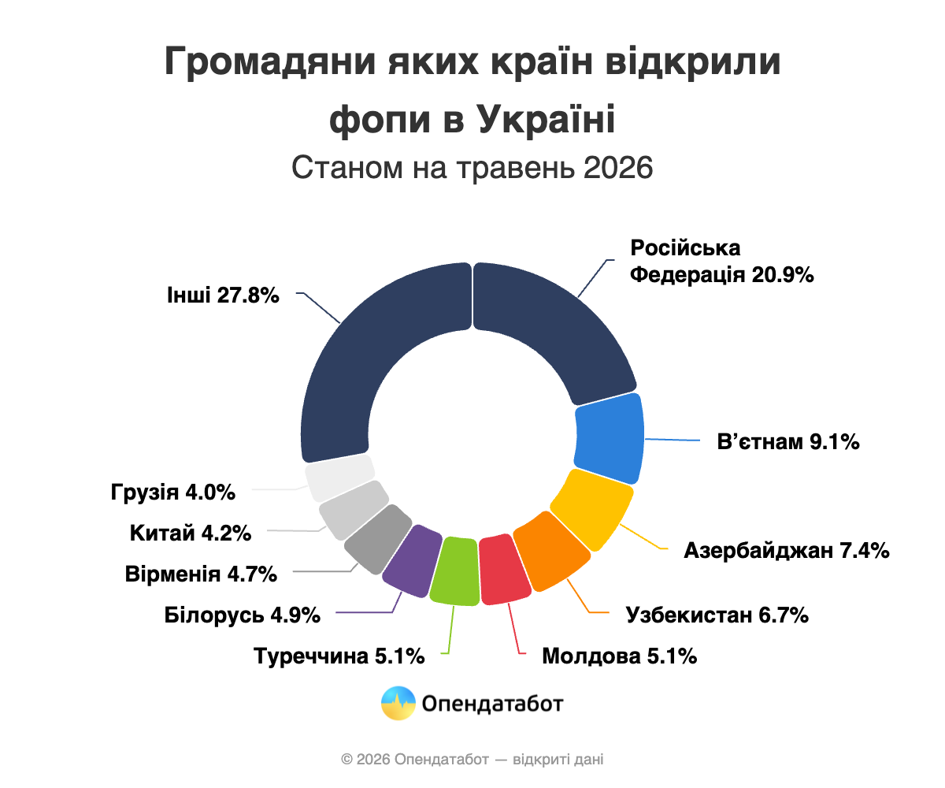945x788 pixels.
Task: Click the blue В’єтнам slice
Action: (609, 438)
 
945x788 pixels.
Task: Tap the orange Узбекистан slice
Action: (552, 551)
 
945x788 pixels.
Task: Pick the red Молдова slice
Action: (504, 570)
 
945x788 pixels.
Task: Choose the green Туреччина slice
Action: (454, 571)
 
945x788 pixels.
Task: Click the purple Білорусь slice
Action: (412, 560)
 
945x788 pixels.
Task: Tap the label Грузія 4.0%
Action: (173, 492)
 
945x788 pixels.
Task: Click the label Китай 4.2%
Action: (191, 533)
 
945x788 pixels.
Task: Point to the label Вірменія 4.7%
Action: (201, 574)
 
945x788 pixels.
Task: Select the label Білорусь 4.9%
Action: (242, 615)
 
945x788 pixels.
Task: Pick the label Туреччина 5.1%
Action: (339, 656)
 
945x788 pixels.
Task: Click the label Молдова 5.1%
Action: (620, 656)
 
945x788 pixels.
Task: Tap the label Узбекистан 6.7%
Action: (717, 615)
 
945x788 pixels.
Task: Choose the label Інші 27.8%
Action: (223, 295)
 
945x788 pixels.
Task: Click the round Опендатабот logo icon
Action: (398, 704)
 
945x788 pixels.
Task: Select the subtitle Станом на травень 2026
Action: (472, 168)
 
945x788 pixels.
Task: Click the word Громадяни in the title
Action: (270, 62)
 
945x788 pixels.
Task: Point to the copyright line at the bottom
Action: (472, 760)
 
